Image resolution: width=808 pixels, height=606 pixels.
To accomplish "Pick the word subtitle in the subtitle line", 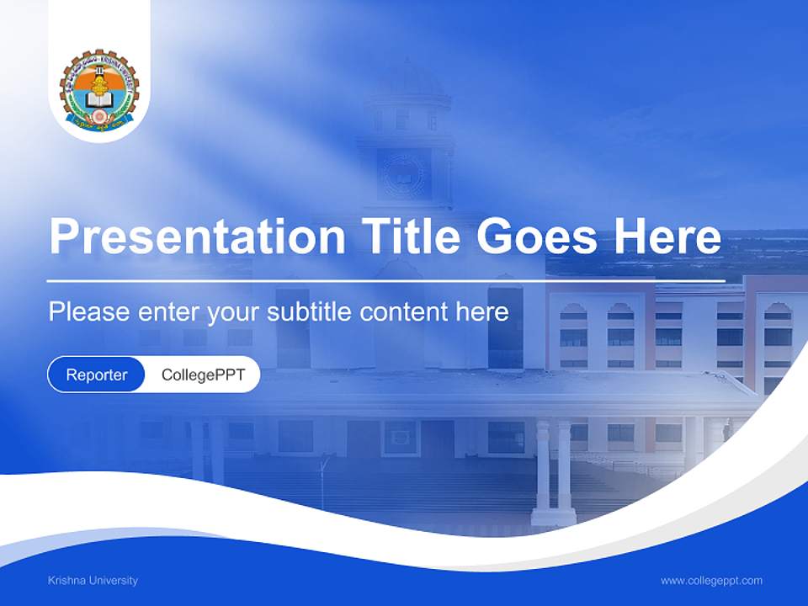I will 310,312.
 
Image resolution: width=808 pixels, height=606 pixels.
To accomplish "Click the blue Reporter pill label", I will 97,375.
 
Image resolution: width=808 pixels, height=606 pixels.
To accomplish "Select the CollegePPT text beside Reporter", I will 203,375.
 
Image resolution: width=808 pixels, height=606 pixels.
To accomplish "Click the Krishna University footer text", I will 93,581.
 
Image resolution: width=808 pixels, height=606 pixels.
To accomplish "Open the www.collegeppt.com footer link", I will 711,581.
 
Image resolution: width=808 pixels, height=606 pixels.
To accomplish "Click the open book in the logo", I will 98,102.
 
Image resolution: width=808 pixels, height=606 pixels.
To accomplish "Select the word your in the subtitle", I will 234,313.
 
